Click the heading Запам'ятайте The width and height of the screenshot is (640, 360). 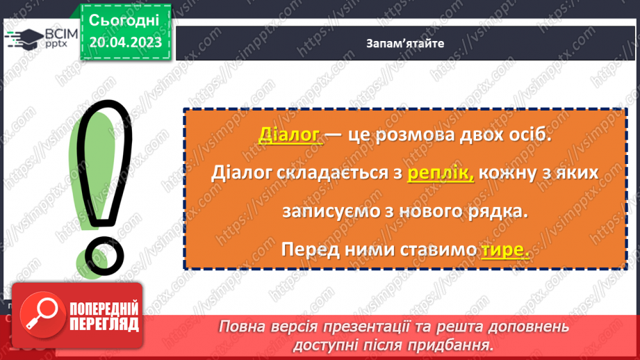click(x=405, y=43)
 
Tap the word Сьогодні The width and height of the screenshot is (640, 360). click(x=125, y=19)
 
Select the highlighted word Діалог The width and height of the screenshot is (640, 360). click(x=289, y=135)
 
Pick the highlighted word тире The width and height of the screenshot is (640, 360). click(x=504, y=250)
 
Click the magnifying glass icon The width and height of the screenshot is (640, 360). click(x=39, y=314)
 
